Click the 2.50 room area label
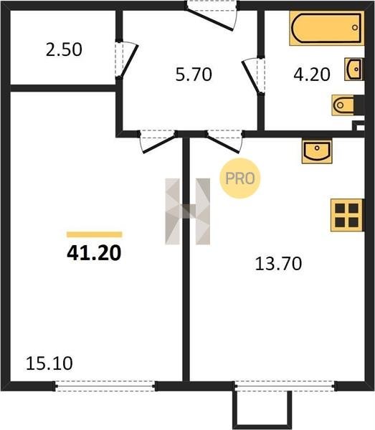(x=64, y=49)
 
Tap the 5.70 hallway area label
(x=194, y=75)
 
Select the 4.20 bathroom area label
(x=312, y=75)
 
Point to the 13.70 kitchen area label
(x=278, y=264)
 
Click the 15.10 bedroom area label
(x=49, y=363)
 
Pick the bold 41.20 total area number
(x=94, y=252)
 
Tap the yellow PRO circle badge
(x=239, y=178)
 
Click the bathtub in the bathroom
(x=327, y=28)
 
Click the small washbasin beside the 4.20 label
(x=354, y=69)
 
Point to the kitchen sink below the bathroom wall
(x=317, y=151)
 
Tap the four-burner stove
(x=347, y=215)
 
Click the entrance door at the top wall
(x=212, y=16)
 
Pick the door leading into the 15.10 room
(x=158, y=142)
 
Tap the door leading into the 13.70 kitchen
(x=224, y=142)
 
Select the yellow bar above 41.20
(x=95, y=234)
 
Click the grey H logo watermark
(x=188, y=211)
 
